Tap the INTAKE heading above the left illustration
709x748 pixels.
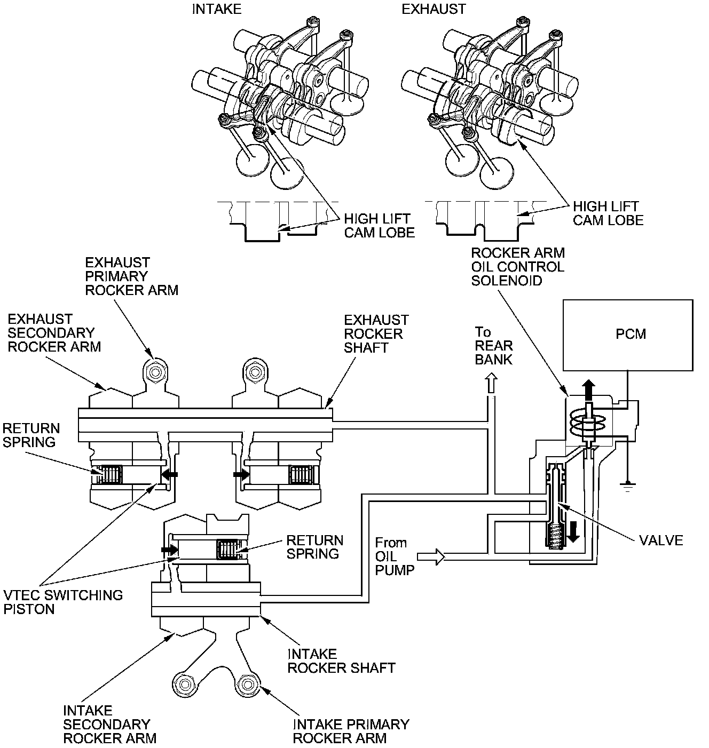pyautogui.click(x=216, y=9)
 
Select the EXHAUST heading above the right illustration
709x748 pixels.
pyautogui.click(x=434, y=9)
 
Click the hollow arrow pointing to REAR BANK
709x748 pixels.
pyautogui.click(x=491, y=384)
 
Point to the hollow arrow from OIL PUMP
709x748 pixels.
pyautogui.click(x=431, y=557)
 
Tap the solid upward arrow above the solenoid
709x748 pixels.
pyautogui.click(x=588, y=389)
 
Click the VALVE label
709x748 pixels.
pyautogui.click(x=661, y=540)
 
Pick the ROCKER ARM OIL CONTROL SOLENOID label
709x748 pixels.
pyautogui.click(x=517, y=266)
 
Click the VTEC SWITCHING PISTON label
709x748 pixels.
pyautogui.click(x=63, y=602)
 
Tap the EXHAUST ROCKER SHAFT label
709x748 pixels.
pyautogui.click(x=376, y=333)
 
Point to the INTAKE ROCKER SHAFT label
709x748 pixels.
pyautogui.click(x=341, y=661)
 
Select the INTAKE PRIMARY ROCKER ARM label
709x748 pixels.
pyautogui.click(x=351, y=731)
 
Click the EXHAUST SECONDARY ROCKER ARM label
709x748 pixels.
pyautogui.click(x=54, y=333)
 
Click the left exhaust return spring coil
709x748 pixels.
pyautogui.click(x=111, y=474)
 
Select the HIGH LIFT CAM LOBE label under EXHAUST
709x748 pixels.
pyautogui.click(x=608, y=213)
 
